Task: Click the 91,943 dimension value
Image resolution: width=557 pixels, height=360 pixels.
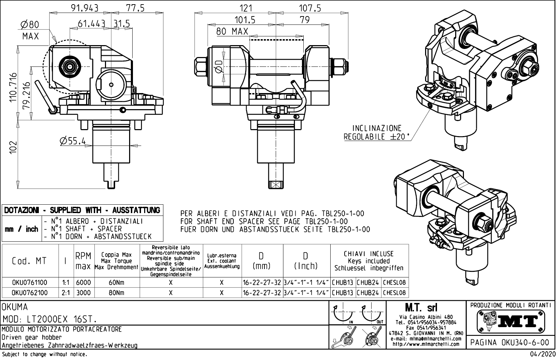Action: point(85,8)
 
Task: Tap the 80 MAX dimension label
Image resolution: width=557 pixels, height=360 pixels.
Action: point(232,31)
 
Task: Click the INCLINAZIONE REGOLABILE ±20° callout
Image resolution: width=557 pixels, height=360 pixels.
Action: point(376,133)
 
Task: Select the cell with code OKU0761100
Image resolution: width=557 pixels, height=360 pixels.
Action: point(30,282)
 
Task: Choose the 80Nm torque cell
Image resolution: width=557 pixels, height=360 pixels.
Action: point(117,292)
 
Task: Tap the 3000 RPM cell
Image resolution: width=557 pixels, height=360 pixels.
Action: point(83,292)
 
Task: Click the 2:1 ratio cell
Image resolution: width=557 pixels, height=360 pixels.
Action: point(65,292)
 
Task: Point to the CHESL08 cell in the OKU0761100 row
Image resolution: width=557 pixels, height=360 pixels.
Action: point(394,282)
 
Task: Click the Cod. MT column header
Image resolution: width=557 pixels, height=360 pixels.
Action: point(29,261)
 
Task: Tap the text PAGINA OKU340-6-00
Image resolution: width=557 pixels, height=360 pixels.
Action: point(511,342)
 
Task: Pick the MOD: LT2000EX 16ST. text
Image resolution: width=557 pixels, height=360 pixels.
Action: point(50,319)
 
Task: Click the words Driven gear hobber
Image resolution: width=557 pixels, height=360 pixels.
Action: point(31,338)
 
